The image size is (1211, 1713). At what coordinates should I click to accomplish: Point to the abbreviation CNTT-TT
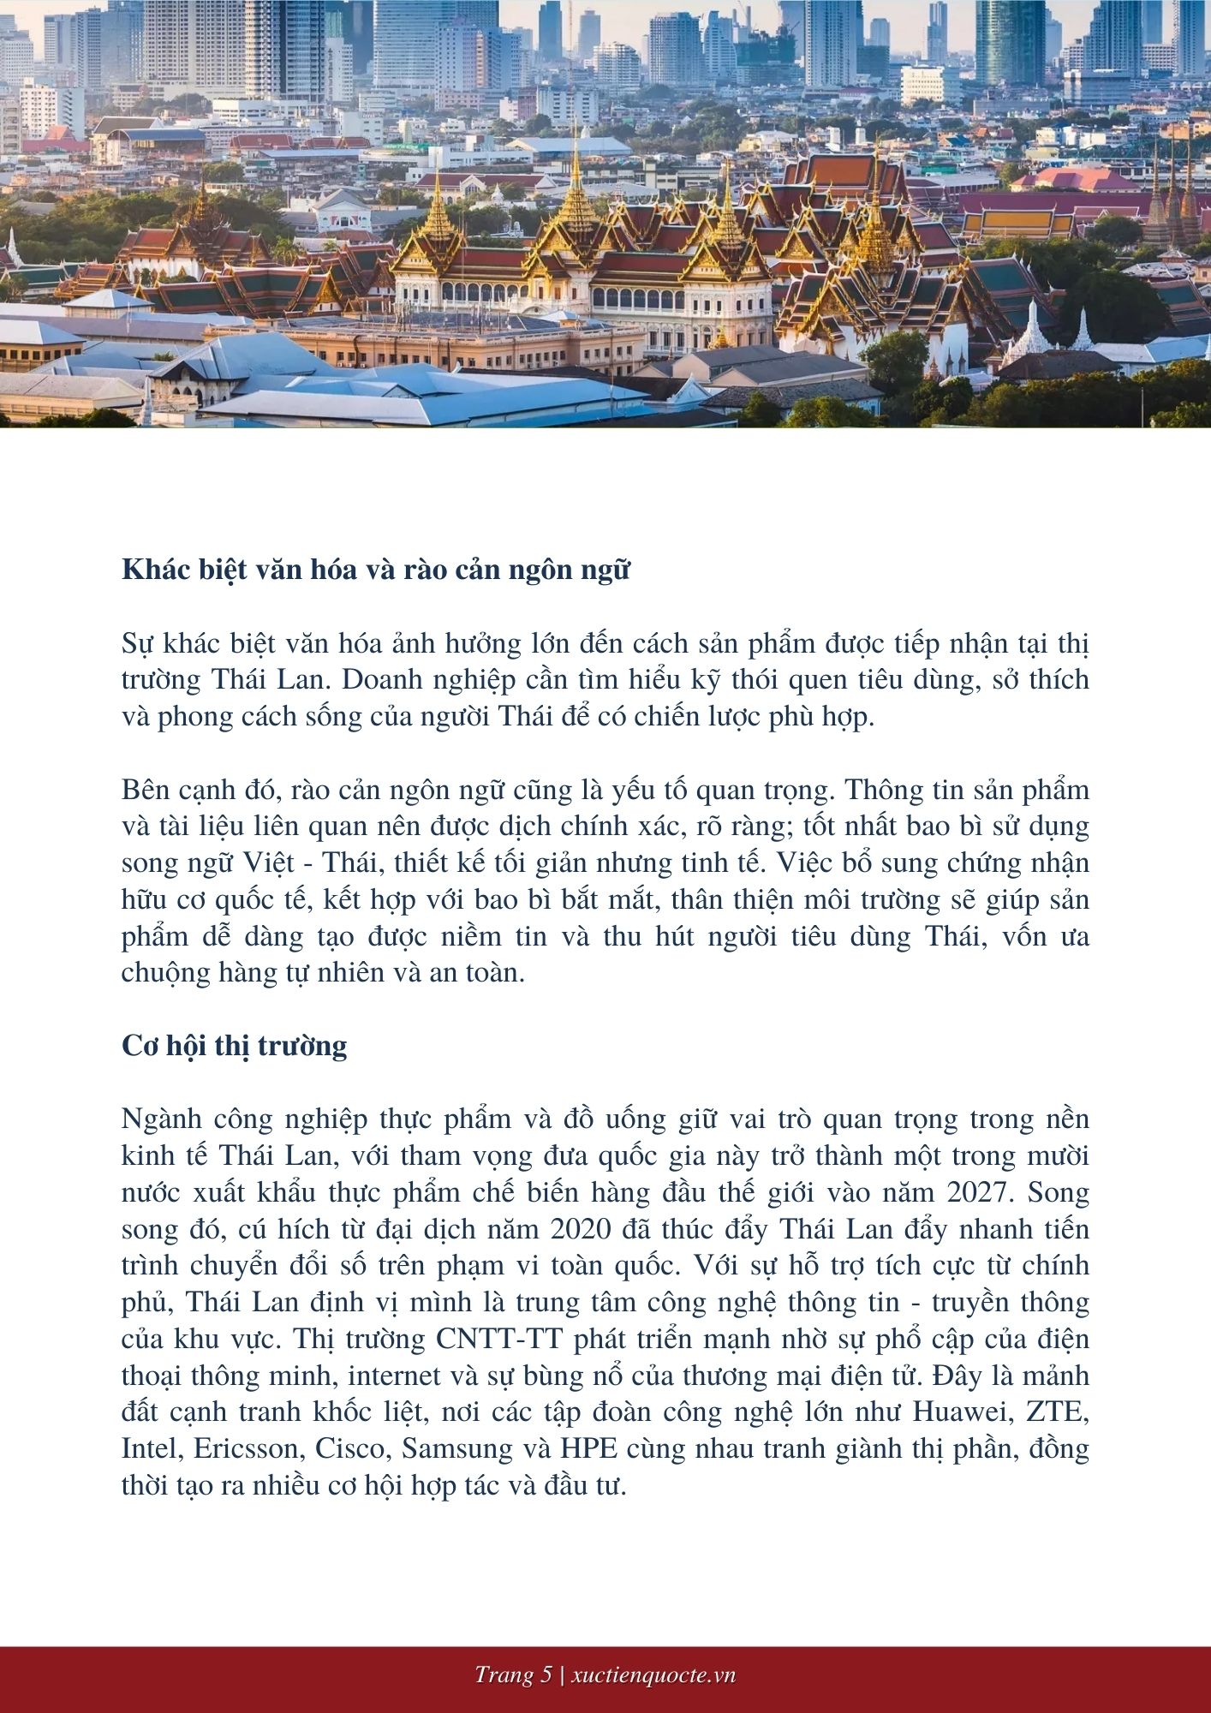click(501, 1339)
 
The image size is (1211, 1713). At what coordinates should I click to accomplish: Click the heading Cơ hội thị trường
click(234, 1046)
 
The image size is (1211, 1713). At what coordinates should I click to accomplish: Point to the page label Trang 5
click(513, 1675)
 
